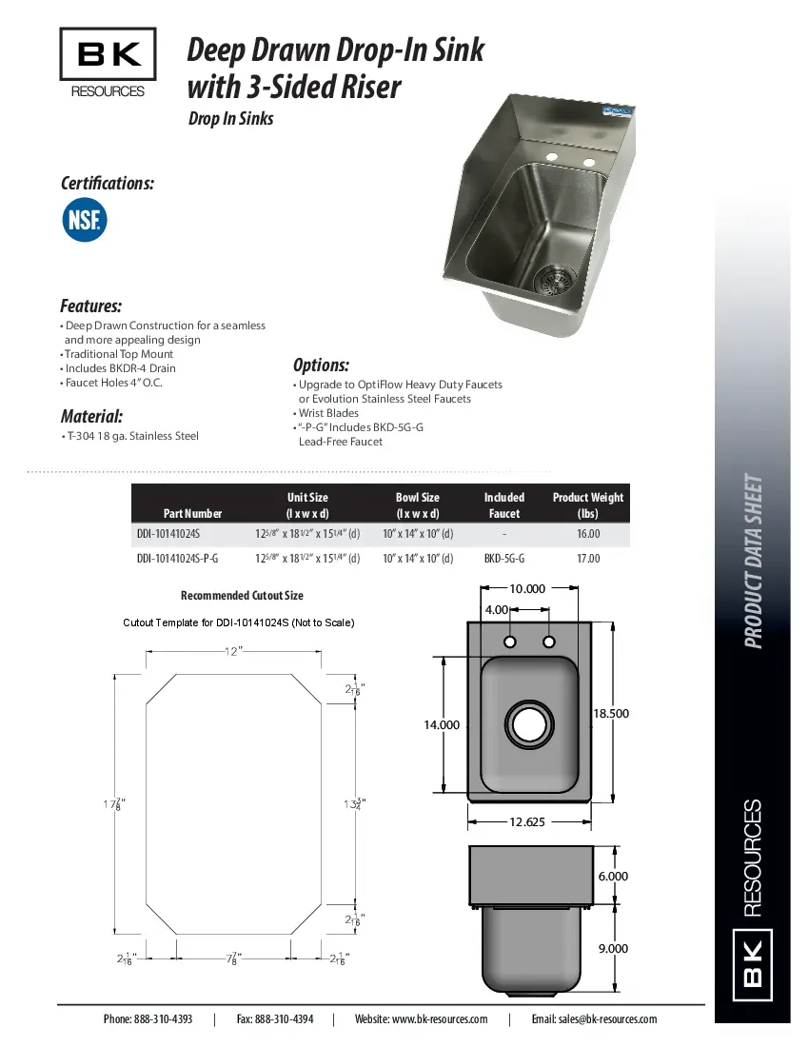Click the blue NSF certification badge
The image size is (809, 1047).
point(85,220)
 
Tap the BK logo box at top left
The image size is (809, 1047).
point(108,55)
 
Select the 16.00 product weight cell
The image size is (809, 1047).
point(587,535)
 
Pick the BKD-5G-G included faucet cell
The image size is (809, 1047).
point(503,559)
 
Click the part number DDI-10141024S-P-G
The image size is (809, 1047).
point(178,559)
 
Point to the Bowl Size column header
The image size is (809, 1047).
point(417,505)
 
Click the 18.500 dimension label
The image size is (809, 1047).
point(610,713)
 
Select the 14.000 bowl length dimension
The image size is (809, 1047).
point(442,724)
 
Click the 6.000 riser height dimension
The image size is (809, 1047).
point(613,876)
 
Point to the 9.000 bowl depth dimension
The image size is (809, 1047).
point(613,948)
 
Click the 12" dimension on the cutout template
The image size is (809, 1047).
point(233,651)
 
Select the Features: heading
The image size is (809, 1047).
point(90,306)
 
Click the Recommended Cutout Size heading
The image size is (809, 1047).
point(242,596)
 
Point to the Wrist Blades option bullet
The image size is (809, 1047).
point(328,413)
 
